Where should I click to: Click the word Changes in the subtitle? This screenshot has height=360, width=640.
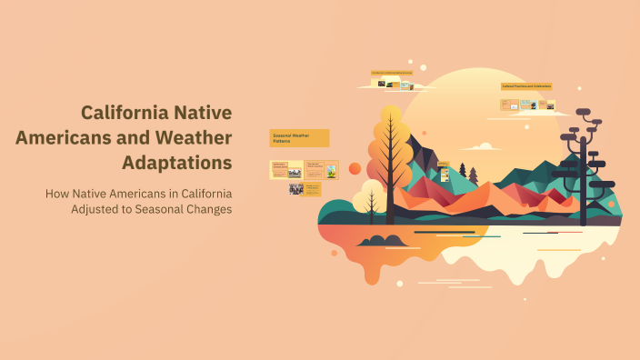pos(204,209)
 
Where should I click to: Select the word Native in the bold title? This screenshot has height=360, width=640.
pos(205,113)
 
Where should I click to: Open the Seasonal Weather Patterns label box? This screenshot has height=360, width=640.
pos(299,138)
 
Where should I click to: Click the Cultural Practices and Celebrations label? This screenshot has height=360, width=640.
pos(527,86)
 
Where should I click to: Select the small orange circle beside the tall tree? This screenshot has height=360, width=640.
pos(355,168)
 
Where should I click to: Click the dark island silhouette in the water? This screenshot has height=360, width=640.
pos(383,241)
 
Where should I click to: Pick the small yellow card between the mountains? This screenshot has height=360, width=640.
pos(444,170)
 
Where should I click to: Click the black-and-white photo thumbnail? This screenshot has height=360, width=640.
pos(296,189)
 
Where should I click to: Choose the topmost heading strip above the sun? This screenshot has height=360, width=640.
pos(392,72)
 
